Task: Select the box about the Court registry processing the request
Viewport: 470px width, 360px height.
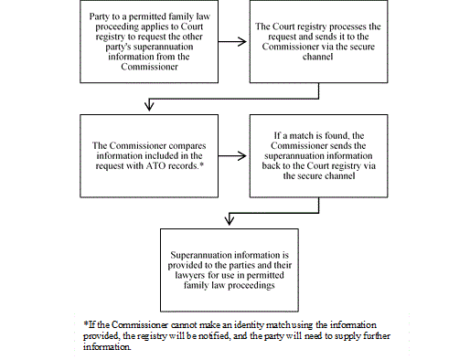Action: coord(319,42)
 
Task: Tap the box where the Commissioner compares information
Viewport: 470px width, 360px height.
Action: coord(148,156)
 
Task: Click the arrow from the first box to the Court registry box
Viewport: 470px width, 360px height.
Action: coord(233,42)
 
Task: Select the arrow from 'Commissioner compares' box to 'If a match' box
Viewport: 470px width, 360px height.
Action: coord(233,156)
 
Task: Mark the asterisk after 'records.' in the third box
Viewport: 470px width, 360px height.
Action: coord(213,164)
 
